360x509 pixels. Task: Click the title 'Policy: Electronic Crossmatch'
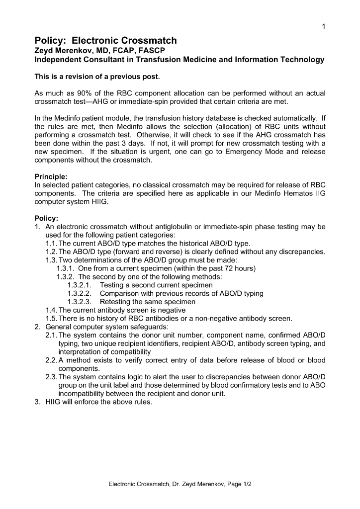coord(105,41)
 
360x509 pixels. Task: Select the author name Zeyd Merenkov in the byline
coord(64,51)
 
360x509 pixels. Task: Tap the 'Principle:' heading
coord(51,176)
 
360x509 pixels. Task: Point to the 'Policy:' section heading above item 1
coord(46,218)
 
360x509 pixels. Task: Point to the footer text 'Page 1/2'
coord(240,484)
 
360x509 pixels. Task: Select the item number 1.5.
coord(52,318)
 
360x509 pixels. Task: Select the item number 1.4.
coord(52,310)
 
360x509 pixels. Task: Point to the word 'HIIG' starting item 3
coord(54,402)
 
